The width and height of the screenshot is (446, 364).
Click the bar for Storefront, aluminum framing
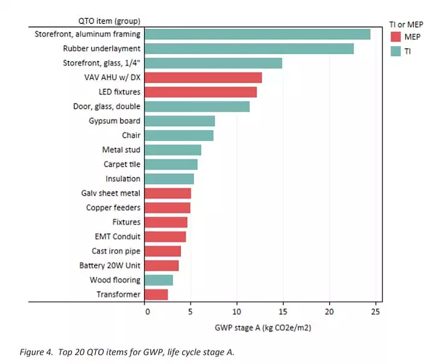click(257, 34)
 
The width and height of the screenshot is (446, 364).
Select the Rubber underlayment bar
click(249, 49)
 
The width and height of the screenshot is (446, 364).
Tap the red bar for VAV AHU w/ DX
click(203, 78)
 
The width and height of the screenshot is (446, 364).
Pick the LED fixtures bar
click(201, 92)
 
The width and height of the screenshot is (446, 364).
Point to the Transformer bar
click(156, 294)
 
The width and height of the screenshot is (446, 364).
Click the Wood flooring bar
click(159, 280)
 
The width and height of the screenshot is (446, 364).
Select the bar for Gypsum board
click(180, 121)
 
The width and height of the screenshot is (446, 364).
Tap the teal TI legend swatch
click(395, 52)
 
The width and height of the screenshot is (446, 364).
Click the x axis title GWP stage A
click(263, 328)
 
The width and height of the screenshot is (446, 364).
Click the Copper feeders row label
click(113, 208)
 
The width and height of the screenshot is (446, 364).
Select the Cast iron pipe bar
click(163, 251)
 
